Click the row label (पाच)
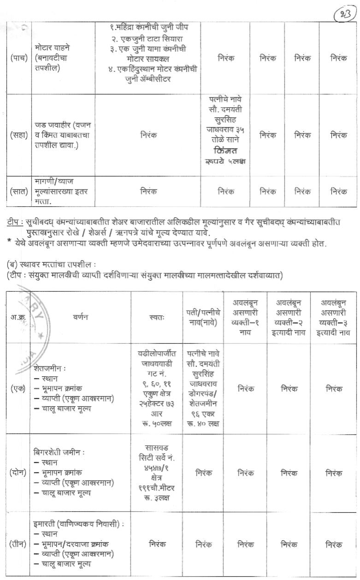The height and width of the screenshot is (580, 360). point(19,59)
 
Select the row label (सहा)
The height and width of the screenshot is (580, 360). point(19,135)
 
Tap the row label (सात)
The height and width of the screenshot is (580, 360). point(19,191)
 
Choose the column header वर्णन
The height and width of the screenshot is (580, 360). point(81,317)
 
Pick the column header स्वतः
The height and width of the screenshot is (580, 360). point(157,317)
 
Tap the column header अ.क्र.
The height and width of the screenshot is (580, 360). point(18,317)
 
